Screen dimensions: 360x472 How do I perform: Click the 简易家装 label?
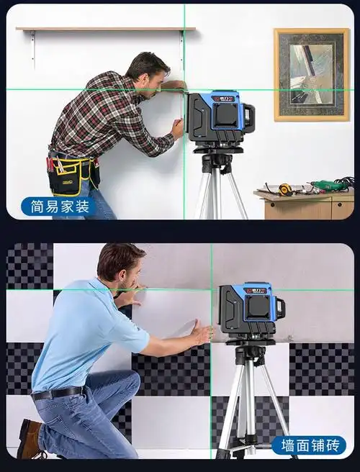[59, 206]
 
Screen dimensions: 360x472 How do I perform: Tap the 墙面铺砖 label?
[309, 445]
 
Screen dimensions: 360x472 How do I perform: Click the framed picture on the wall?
[312, 75]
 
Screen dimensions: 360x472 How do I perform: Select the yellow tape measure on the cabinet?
[284, 190]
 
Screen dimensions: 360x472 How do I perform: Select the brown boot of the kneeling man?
[30, 439]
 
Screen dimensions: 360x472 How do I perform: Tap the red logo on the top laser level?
[223, 99]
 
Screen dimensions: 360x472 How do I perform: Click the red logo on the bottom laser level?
[256, 291]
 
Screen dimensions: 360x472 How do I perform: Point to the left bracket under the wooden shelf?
[33, 48]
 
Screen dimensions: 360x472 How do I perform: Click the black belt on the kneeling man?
[57, 393]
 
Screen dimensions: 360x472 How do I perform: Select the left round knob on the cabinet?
[272, 205]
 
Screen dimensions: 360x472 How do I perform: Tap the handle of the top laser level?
[249, 115]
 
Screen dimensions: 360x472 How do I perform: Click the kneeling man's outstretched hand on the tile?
[203, 333]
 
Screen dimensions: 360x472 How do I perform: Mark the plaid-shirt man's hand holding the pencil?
[177, 129]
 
